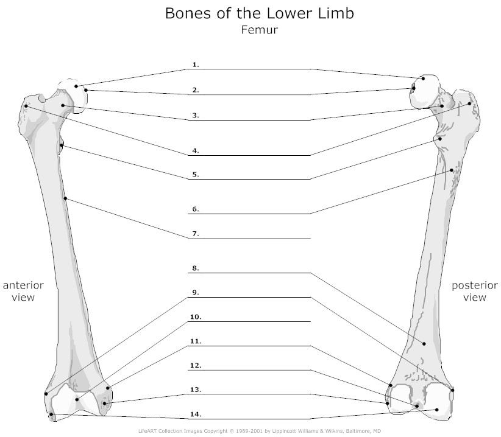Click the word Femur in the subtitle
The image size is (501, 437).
coord(259,30)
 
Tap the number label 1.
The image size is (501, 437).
coord(196,65)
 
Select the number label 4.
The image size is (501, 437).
coord(196,150)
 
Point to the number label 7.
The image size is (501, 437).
coord(196,234)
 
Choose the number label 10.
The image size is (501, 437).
coord(196,316)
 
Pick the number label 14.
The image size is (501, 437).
coord(196,414)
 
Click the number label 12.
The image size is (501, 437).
coord(196,365)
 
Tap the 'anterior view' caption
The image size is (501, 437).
coord(23,291)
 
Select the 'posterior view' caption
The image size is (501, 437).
coord(474,291)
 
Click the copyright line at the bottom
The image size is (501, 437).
coord(260,431)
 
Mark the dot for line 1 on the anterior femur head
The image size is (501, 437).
coord(76,86)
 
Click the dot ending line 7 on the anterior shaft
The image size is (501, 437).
coord(65,198)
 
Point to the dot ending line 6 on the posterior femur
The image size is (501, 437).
coord(452,170)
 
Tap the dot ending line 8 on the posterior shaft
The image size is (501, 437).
coord(424,343)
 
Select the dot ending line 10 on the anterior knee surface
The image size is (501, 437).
coord(77,400)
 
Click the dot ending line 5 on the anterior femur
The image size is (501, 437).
coord(62,145)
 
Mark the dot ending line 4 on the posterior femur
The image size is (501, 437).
coord(469,103)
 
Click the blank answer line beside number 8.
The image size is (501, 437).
coord(249,273)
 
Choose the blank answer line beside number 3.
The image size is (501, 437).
coord(249,120)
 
